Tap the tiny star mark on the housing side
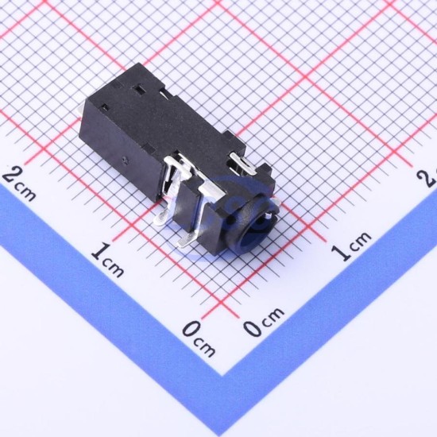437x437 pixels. tap(124, 160)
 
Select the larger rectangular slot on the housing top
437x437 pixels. tap(138, 90)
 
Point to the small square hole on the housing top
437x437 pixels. tap(105, 106)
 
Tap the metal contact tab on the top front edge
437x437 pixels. tap(242, 163)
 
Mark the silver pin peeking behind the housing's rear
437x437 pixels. tap(83, 110)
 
